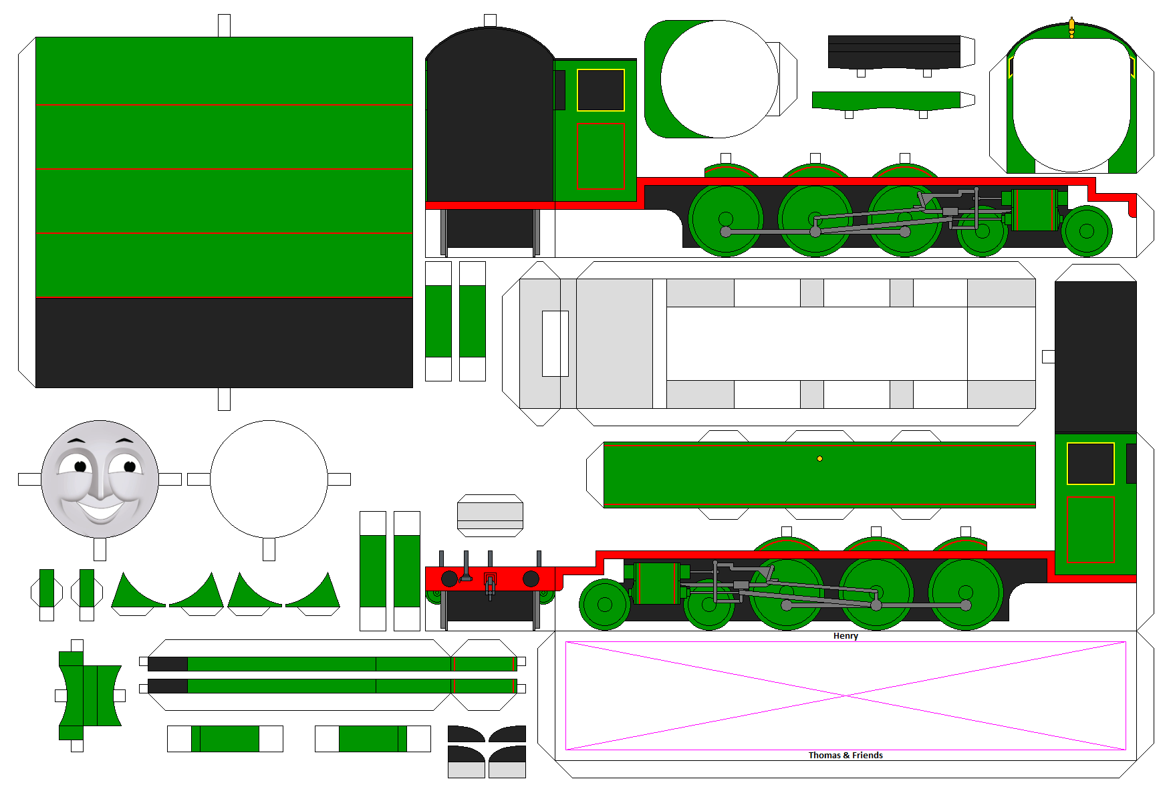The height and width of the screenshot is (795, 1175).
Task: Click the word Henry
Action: tap(845, 636)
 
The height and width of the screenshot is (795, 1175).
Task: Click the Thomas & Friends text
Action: tap(845, 756)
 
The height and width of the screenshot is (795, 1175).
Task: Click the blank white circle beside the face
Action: tap(269, 479)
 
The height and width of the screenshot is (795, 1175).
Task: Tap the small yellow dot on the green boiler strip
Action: tap(819, 459)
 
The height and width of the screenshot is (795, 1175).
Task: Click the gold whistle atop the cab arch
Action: tap(1071, 27)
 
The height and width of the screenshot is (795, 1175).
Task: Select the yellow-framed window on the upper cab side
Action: tap(600, 90)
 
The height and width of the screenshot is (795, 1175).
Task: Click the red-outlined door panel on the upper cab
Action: tap(600, 156)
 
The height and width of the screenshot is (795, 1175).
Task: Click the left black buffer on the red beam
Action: tap(449, 579)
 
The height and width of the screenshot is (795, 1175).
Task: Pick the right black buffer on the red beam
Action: tap(531, 579)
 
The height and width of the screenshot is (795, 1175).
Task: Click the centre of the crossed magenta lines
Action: tap(845, 696)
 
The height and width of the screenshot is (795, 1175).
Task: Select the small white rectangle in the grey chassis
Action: tap(555, 343)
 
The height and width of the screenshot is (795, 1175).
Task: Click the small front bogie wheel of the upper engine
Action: tap(1086, 231)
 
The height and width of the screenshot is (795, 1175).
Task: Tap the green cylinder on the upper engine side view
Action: tap(1035, 210)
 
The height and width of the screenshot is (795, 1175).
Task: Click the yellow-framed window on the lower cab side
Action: tap(1090, 464)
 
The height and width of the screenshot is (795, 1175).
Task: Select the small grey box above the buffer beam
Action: tap(490, 515)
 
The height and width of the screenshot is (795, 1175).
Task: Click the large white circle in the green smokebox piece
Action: tap(719, 79)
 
